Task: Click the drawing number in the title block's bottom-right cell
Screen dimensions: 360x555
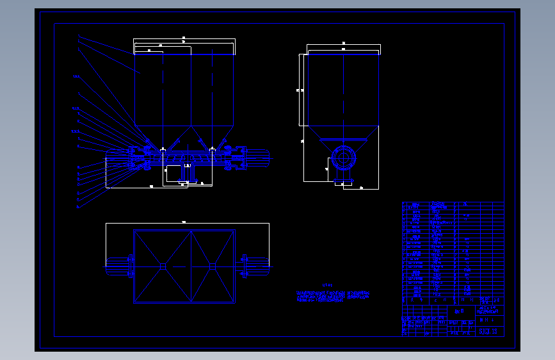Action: [x=488, y=331]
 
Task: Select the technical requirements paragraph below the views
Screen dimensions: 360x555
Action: [x=333, y=296]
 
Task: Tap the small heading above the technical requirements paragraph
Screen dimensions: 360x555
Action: [x=328, y=285]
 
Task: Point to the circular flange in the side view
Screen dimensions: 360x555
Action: [x=343, y=156]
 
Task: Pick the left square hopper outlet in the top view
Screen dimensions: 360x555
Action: [x=163, y=266]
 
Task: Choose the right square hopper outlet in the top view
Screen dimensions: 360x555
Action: [x=212, y=266]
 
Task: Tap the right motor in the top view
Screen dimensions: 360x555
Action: [x=255, y=266]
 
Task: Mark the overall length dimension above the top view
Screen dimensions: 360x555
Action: [x=184, y=222]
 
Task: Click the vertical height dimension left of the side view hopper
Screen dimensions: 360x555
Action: [x=300, y=90]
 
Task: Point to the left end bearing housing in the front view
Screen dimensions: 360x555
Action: [x=138, y=158]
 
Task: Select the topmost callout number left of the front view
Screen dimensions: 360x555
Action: [x=78, y=36]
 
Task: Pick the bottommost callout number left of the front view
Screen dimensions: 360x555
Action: [x=78, y=208]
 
